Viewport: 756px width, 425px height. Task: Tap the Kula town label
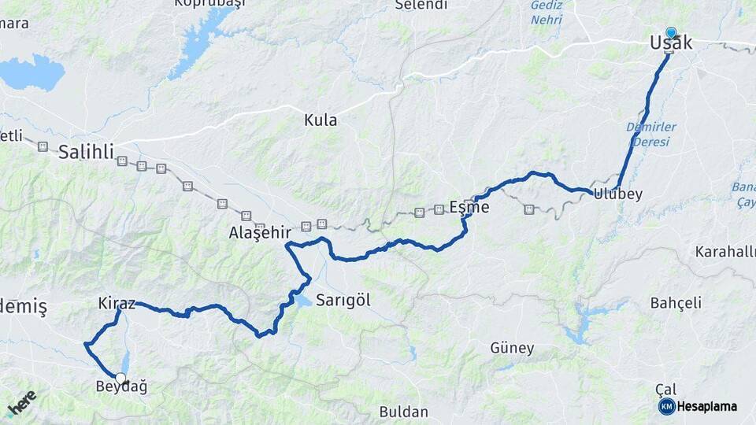pyautogui.click(x=321, y=120)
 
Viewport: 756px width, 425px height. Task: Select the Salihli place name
pyautogui.click(x=87, y=152)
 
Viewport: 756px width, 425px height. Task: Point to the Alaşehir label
pyautogui.click(x=260, y=233)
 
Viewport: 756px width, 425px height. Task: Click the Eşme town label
pyautogui.click(x=469, y=208)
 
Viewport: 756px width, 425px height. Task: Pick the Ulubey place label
pyautogui.click(x=618, y=194)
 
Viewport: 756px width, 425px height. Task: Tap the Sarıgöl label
pyautogui.click(x=343, y=300)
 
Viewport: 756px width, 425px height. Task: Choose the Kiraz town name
pyautogui.click(x=117, y=303)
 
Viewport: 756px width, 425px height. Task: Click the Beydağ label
pyautogui.click(x=121, y=386)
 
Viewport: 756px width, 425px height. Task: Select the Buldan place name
pyautogui.click(x=403, y=412)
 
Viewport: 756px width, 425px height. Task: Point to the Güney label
pyautogui.click(x=512, y=348)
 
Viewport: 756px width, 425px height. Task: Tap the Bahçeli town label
pyautogui.click(x=676, y=303)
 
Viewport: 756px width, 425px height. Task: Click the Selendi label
pyautogui.click(x=421, y=6)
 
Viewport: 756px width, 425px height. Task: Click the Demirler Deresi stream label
pyautogui.click(x=647, y=135)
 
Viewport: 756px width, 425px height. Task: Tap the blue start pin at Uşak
pyautogui.click(x=671, y=33)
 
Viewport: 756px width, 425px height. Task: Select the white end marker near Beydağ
pyautogui.click(x=120, y=378)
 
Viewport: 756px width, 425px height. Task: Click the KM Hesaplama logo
pyautogui.click(x=698, y=406)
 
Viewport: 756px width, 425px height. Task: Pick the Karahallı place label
pyautogui.click(x=725, y=252)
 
